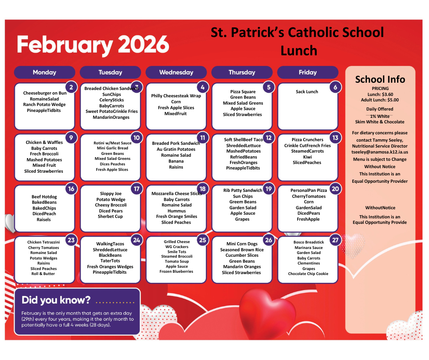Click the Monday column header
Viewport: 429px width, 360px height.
[x=45, y=72]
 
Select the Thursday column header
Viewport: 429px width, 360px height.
[x=242, y=72]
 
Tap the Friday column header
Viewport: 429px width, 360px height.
[x=308, y=72]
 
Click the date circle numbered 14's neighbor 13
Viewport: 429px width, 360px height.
[x=335, y=138]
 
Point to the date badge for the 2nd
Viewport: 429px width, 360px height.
[x=71, y=87]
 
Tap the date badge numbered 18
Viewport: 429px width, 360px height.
[x=203, y=189]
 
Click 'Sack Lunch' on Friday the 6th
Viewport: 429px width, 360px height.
[x=307, y=92]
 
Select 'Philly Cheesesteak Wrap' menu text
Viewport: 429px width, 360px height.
[x=176, y=96]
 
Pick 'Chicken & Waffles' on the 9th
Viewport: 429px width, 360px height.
[x=44, y=143]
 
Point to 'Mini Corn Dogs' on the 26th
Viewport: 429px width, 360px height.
[x=242, y=244]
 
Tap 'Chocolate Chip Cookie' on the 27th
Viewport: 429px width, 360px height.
[x=308, y=274]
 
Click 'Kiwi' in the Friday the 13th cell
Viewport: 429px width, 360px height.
[x=307, y=157]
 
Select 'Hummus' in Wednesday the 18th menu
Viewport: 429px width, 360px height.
[x=176, y=211]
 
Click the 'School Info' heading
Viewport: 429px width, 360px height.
[x=380, y=79]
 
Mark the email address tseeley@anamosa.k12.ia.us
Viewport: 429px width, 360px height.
[x=380, y=152]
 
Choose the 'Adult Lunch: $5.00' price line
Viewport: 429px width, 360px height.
[x=380, y=100]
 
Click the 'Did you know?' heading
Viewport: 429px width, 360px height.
[x=56, y=300]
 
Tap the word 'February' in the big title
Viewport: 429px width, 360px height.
[x=63, y=45]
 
